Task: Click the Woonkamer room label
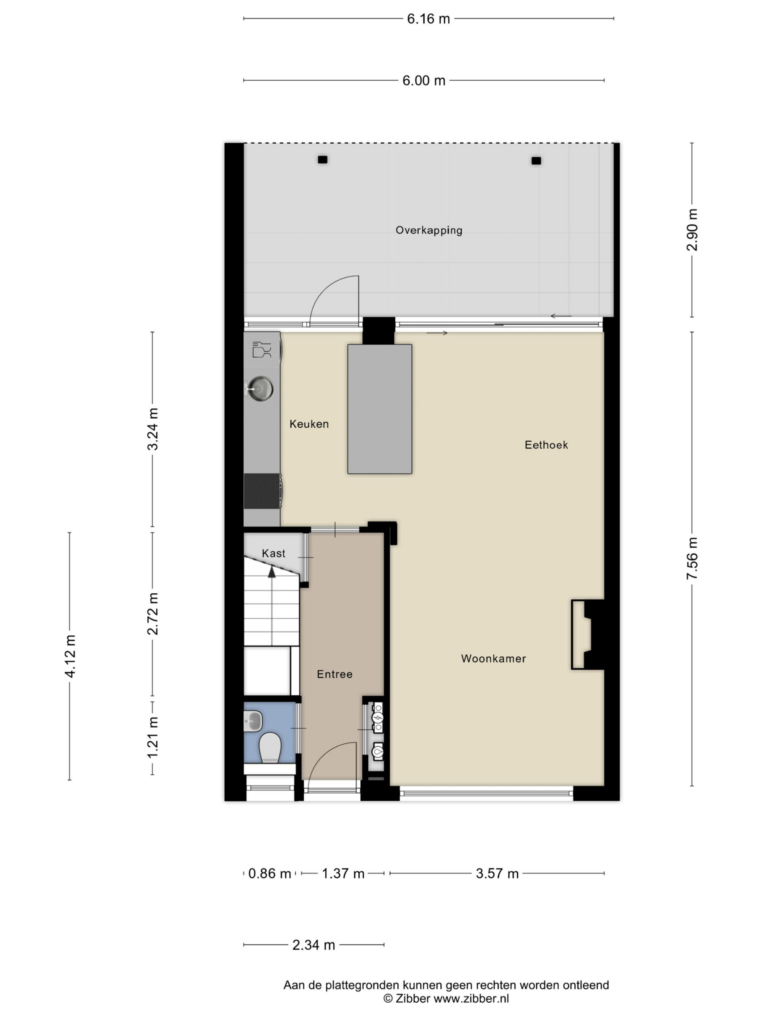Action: pos(493,659)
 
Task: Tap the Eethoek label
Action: pos(546,444)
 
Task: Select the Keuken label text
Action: pos(309,424)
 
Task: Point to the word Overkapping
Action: pos(429,231)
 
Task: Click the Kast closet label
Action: pos(273,554)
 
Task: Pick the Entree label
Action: pos(335,674)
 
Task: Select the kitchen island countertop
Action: pos(379,409)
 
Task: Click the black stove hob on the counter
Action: pos(262,491)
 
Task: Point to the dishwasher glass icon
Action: pos(262,349)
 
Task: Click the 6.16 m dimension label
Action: pos(429,19)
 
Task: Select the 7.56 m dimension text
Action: pos(692,558)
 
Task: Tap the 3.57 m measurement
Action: pos(497,873)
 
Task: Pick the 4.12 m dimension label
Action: pos(70,656)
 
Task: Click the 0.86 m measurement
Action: pos(269,873)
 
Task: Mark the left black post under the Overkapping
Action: pos(322,160)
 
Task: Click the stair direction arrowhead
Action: pos(272,572)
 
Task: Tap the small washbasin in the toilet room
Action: pos(253,722)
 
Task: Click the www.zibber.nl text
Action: pos(471,998)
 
